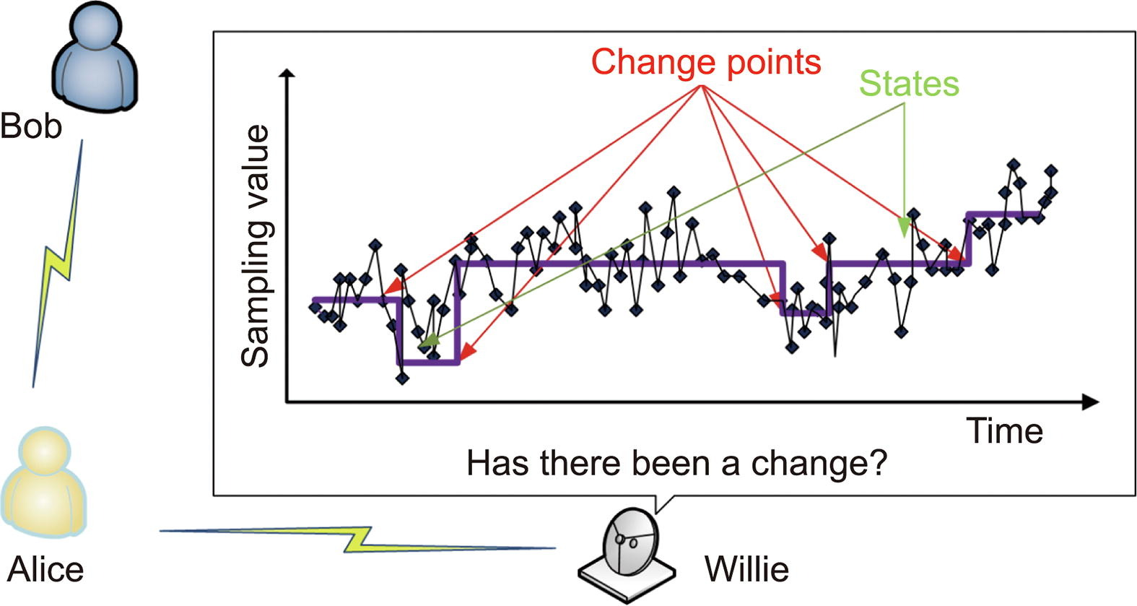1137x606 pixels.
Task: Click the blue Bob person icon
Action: point(95,57)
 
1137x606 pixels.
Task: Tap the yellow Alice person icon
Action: point(44,482)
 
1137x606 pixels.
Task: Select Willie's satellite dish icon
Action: point(627,555)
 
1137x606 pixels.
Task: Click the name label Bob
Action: point(31,126)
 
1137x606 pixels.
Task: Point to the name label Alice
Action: point(45,569)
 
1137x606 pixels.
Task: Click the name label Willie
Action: point(746,569)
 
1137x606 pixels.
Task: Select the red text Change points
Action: point(706,63)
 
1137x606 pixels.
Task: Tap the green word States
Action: point(909,84)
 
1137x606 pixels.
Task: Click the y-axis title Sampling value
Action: point(255,246)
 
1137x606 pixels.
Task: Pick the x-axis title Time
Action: point(1004,431)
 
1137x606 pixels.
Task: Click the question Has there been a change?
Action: point(676,463)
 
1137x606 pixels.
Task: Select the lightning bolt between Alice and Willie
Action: point(357,539)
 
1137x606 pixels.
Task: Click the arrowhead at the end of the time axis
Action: point(1090,402)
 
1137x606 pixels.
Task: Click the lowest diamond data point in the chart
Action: point(402,378)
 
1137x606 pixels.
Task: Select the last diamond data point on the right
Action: point(1050,170)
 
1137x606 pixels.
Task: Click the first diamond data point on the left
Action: point(315,306)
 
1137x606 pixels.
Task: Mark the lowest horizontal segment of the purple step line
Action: point(428,362)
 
